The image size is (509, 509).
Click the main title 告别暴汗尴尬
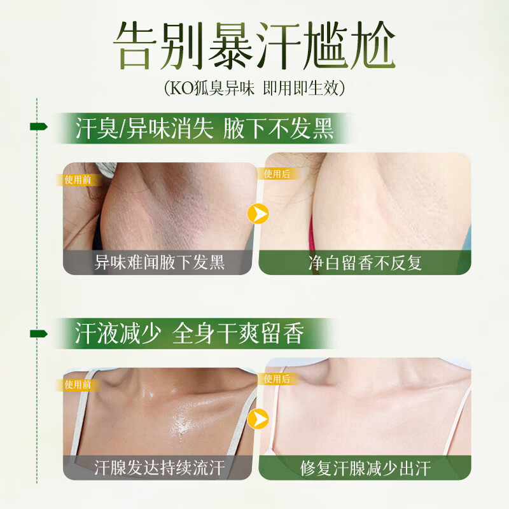254,45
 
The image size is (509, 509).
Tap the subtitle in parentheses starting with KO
254,87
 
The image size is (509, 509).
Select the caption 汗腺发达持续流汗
159,468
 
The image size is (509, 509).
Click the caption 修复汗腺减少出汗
365,468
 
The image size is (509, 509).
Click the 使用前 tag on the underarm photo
78,179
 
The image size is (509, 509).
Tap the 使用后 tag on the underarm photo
276,174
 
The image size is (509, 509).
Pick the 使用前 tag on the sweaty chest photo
78,385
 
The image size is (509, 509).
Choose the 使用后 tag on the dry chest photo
276,379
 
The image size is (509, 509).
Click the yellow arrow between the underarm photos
258,214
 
